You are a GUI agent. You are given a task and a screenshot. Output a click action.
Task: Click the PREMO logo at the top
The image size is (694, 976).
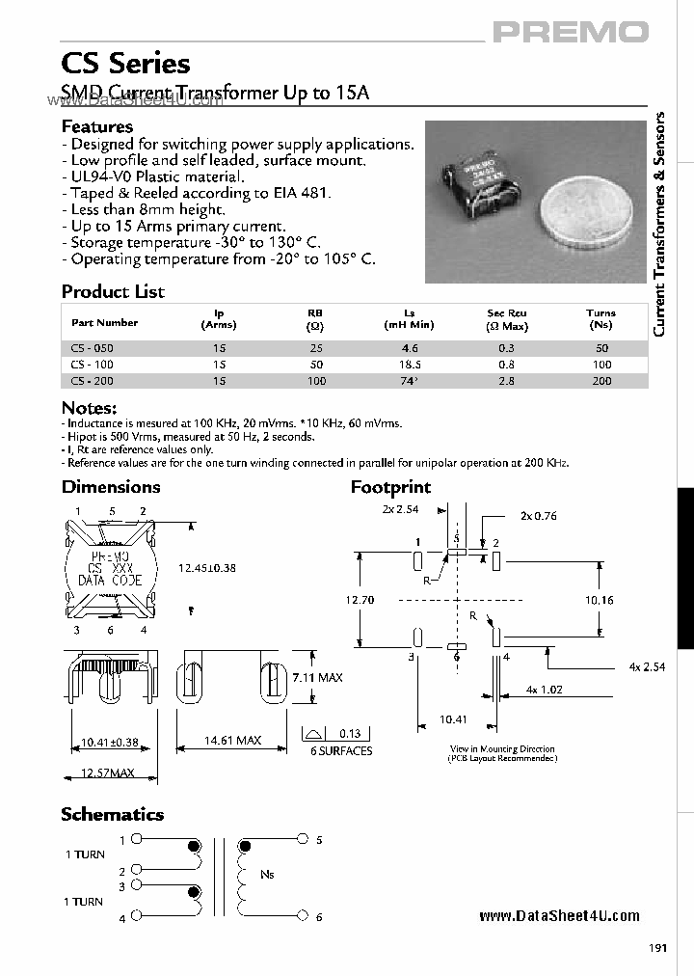pyautogui.click(x=571, y=32)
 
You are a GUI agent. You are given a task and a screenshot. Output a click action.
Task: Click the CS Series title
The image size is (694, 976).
pyautogui.click(x=125, y=64)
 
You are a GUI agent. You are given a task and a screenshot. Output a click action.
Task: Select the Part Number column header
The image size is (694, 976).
pyautogui.click(x=104, y=323)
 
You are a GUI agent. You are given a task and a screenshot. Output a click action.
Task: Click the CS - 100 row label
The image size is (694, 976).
pyautogui.click(x=93, y=365)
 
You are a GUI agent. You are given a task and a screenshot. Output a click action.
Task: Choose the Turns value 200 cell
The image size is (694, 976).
pyautogui.click(x=601, y=381)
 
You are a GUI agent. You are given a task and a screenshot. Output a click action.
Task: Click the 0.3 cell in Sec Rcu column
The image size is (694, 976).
pyautogui.click(x=507, y=347)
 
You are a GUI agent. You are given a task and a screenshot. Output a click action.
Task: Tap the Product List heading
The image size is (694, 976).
pyautogui.click(x=113, y=291)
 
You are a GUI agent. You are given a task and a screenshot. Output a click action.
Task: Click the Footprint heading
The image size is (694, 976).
pyautogui.click(x=390, y=487)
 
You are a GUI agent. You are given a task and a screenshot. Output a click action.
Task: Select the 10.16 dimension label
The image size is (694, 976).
pyautogui.click(x=600, y=599)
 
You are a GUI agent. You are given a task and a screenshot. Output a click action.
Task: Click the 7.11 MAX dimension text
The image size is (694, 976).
pyautogui.click(x=317, y=678)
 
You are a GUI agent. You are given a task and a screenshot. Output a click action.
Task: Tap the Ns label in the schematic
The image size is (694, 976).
pyautogui.click(x=267, y=874)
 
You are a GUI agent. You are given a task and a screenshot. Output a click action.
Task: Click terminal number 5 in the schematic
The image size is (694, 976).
pyautogui.click(x=319, y=840)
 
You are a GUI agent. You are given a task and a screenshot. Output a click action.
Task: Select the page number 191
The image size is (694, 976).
pyautogui.click(x=657, y=947)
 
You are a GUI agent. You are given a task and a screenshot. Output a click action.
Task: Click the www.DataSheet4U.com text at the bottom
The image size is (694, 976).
pyautogui.click(x=559, y=916)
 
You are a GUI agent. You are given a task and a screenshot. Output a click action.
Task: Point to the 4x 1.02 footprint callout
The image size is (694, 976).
pyautogui.click(x=546, y=690)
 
